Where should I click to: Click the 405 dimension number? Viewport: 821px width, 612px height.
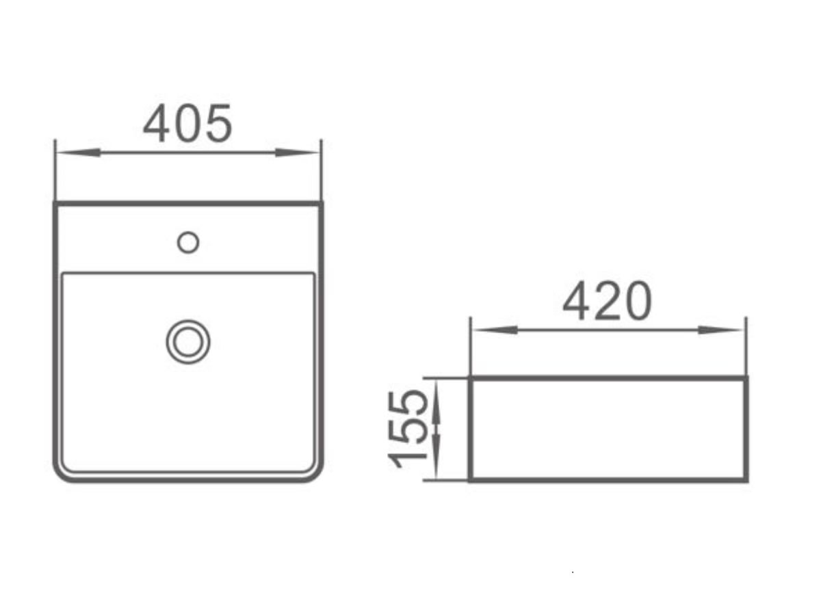tap(187, 124)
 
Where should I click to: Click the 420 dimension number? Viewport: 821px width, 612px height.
tap(607, 302)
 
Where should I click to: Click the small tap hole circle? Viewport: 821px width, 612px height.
tap(187, 242)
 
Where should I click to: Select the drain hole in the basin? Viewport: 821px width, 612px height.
tap(188, 342)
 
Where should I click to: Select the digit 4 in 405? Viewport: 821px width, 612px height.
tap(157, 124)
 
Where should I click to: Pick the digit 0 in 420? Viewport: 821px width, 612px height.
tap(636, 302)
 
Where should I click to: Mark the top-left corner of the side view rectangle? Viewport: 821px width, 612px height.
tap(471, 378)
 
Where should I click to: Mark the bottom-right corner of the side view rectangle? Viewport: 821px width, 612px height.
tap(746, 479)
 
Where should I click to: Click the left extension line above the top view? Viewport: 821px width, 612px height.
tap(55, 171)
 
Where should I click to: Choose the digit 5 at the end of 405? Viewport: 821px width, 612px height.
tap(218, 124)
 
